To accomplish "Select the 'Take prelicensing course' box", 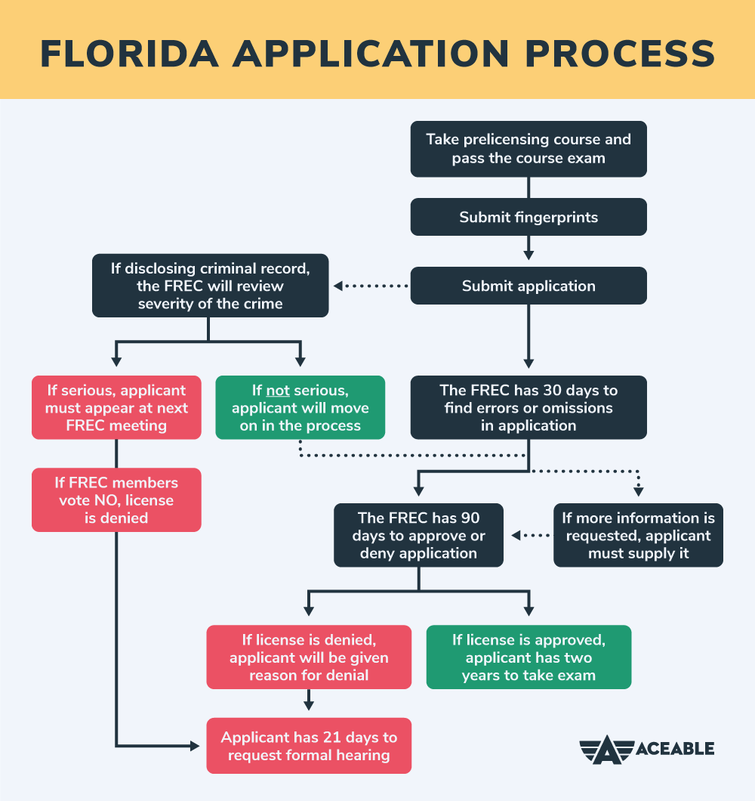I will coord(528,149).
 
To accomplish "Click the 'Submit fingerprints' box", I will coord(528,218).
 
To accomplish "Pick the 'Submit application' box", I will coord(528,286).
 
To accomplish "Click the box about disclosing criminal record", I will coord(210,286).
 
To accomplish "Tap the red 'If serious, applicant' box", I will coord(116,407).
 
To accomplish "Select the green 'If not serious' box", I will coord(300,407).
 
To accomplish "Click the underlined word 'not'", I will coord(277,391).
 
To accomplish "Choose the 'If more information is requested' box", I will coord(638,535).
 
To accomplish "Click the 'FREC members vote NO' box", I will coord(116,499).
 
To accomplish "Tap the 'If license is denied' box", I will coord(309,657).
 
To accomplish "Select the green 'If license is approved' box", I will coord(528,657).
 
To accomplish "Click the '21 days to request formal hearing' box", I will coord(309,745).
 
